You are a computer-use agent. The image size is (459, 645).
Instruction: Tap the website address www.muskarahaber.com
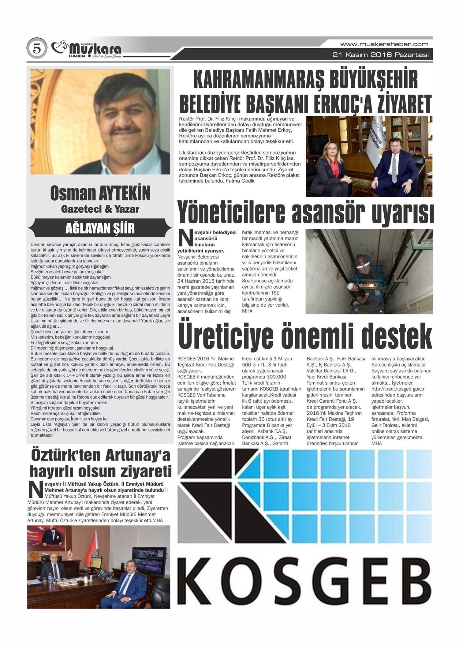(x=384, y=44)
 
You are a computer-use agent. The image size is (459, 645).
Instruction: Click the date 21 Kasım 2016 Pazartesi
(x=380, y=55)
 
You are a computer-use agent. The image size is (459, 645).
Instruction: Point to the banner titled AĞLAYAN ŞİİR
(x=100, y=228)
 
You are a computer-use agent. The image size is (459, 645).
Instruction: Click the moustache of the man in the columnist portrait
(x=126, y=131)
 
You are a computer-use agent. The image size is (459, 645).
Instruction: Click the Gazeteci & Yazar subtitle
(x=100, y=209)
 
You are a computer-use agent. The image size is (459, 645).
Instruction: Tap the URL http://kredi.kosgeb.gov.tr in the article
(x=397, y=389)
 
